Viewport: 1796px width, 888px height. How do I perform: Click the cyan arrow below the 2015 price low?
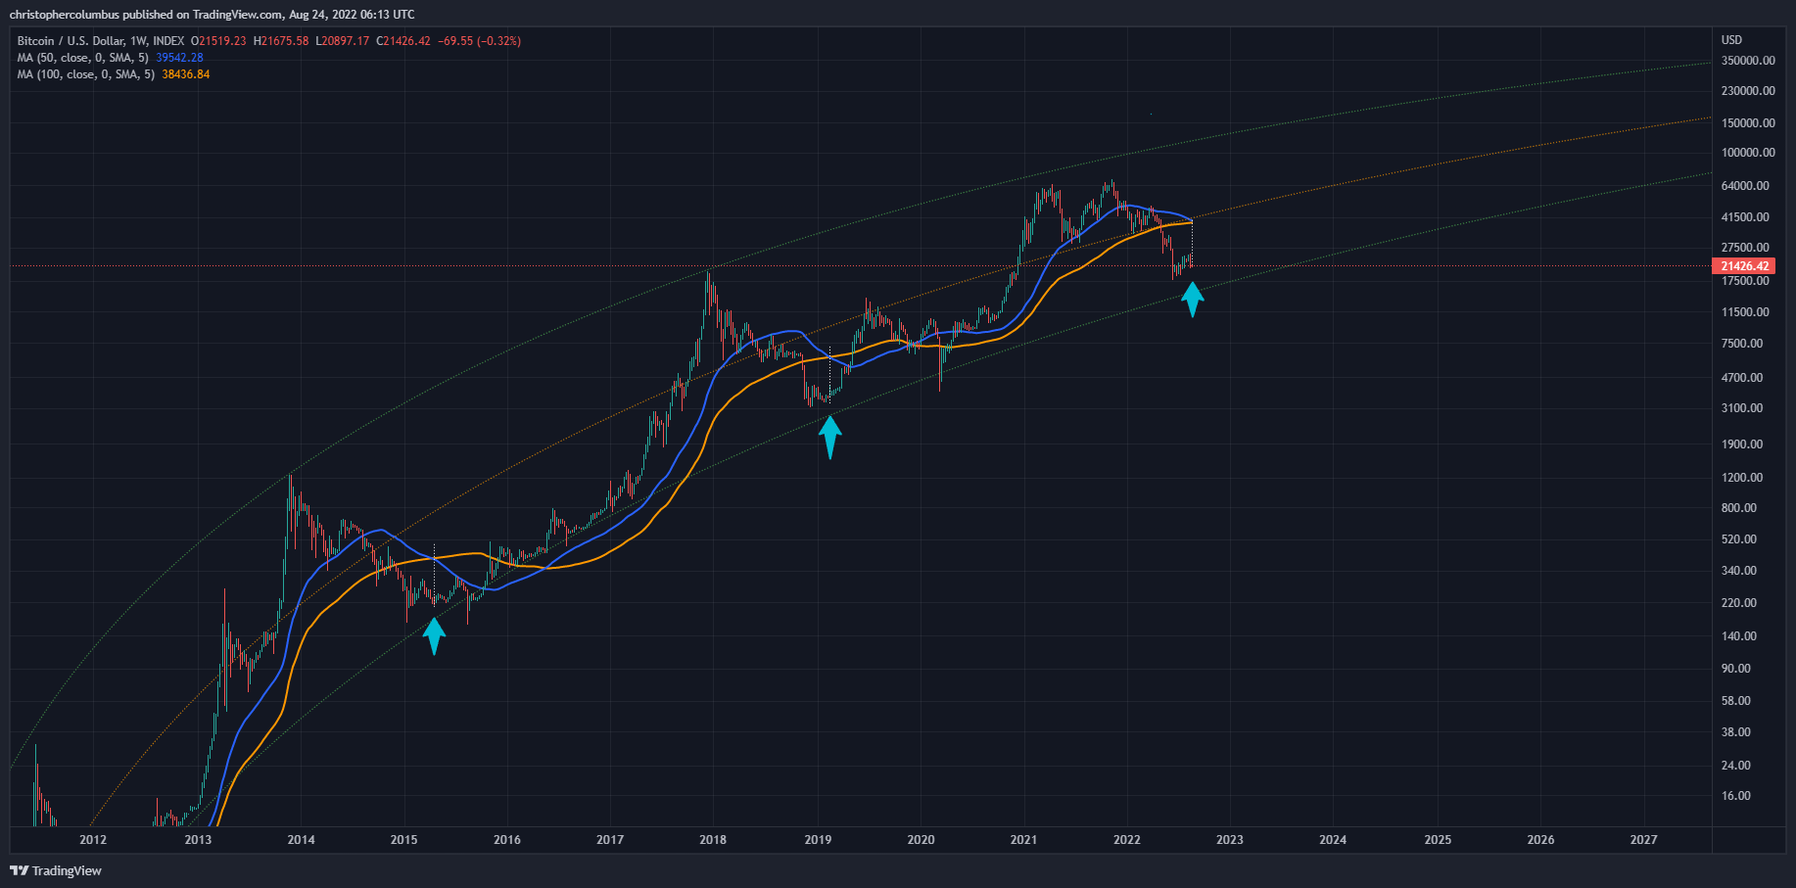click(434, 635)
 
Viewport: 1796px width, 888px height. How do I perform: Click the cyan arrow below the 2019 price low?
click(829, 437)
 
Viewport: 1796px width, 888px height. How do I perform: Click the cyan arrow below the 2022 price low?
click(1191, 300)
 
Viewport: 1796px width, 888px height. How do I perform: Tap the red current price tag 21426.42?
click(1745, 266)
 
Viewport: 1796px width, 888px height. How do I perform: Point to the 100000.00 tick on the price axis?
click(1747, 153)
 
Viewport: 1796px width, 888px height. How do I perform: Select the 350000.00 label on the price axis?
click(1747, 61)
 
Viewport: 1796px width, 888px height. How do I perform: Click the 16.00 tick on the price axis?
click(1735, 796)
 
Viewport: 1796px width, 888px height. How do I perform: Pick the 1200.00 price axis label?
click(1741, 478)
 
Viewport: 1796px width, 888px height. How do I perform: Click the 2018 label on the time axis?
click(713, 840)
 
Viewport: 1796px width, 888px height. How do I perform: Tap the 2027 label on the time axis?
click(1643, 840)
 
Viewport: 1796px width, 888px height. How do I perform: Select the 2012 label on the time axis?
click(93, 840)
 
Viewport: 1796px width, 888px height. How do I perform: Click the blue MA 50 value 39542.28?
click(179, 58)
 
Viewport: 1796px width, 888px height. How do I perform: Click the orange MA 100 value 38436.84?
click(185, 74)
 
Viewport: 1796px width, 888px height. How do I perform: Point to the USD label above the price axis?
click(1731, 40)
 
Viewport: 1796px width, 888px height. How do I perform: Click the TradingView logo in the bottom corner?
click(56, 870)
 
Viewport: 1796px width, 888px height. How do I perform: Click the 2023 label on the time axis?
click(1229, 840)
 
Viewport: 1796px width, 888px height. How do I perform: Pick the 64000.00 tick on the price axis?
click(1744, 186)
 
